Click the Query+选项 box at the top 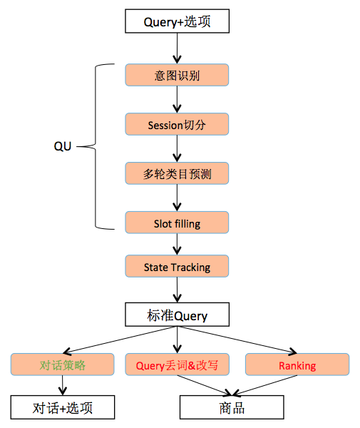pos(178,21)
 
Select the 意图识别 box pos(178,75)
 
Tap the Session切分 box pos(178,124)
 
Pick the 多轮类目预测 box pos(178,173)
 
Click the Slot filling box pos(178,223)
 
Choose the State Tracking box pos(178,267)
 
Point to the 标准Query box pos(178,315)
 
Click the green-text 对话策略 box pos(63,365)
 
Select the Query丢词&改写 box pos(178,365)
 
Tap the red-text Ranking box pos(297,365)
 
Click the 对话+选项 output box pos(63,407)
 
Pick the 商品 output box pos(232,407)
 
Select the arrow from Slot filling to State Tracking pos(178,245)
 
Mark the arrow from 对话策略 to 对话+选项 pos(63,386)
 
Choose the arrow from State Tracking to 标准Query pos(178,290)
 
